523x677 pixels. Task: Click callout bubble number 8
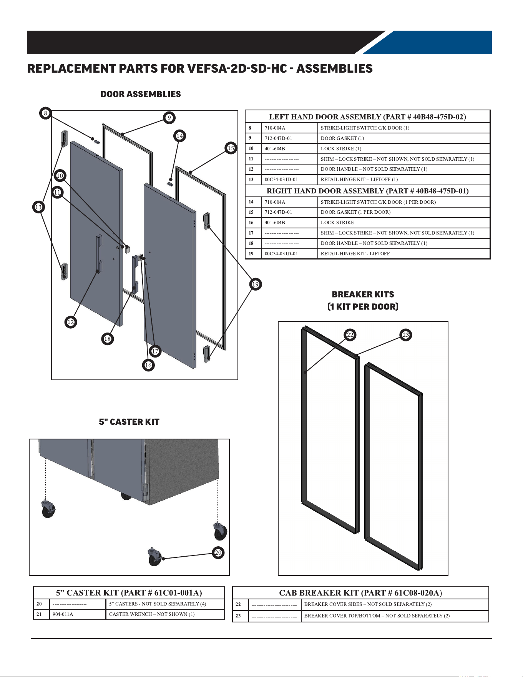[x=45, y=113]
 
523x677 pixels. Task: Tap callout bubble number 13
[x=38, y=207]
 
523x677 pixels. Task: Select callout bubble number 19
[x=256, y=284]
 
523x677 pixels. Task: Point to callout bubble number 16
[x=148, y=365]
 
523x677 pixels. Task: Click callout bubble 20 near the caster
[x=218, y=553]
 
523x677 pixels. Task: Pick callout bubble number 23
[x=406, y=335]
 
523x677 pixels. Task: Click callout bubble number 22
[x=350, y=335]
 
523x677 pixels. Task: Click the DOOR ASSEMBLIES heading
[x=141, y=94]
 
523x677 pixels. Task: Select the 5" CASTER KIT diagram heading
[x=129, y=422]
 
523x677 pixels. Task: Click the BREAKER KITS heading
[x=363, y=294]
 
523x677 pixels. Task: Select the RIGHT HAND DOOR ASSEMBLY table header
[x=368, y=191]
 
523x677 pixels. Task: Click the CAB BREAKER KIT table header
[x=360, y=593]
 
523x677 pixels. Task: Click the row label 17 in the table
[x=251, y=233]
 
